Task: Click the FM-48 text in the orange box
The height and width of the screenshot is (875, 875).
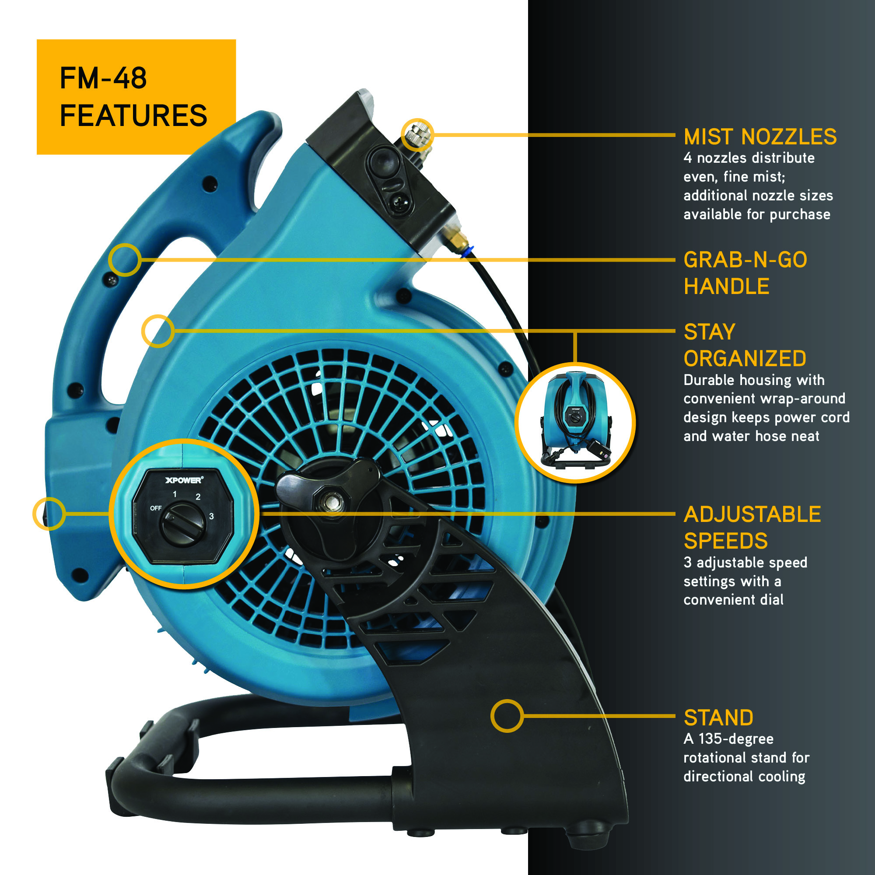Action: (x=103, y=78)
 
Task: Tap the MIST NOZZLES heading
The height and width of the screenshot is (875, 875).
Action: (x=760, y=137)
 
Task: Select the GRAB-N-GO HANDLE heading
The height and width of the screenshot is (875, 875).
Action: (x=745, y=273)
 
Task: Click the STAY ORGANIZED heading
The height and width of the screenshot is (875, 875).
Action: (x=745, y=345)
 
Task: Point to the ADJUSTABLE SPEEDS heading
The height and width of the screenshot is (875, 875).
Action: (x=752, y=528)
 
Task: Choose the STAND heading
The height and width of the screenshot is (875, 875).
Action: (x=718, y=718)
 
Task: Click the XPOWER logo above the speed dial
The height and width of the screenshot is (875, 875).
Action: (x=184, y=480)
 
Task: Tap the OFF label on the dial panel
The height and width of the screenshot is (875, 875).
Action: (x=156, y=508)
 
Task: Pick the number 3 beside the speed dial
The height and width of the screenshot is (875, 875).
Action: (x=211, y=516)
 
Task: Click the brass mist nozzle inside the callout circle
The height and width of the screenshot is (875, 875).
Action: (x=417, y=134)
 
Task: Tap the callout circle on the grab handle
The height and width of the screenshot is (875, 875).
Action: (x=125, y=260)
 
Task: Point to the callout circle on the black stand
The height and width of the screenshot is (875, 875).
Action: (x=507, y=716)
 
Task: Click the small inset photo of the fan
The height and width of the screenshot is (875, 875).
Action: (x=575, y=423)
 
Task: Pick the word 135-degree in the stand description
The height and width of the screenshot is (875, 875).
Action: (x=736, y=738)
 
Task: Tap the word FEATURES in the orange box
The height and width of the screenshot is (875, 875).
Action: (x=133, y=115)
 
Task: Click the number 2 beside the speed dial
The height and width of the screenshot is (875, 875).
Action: (x=198, y=497)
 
